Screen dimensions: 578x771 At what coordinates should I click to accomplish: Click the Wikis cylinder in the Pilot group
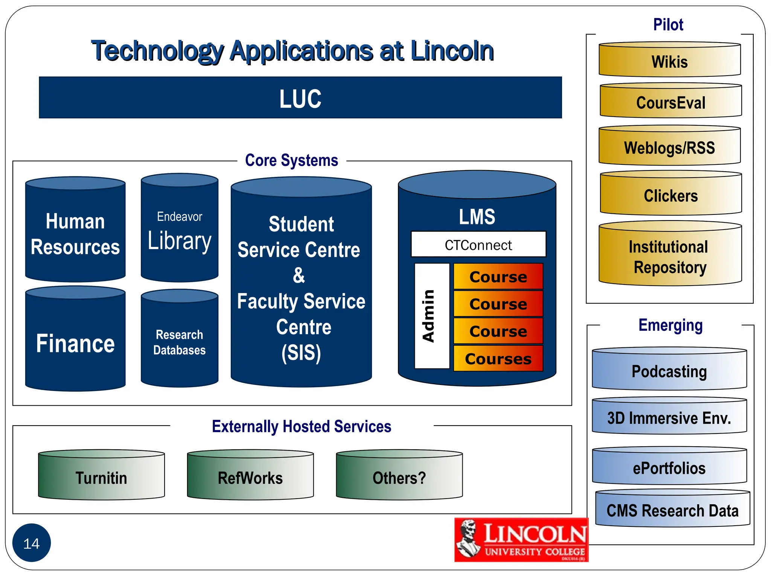coord(670,60)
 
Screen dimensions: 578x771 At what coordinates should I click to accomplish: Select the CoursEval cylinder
coord(670,102)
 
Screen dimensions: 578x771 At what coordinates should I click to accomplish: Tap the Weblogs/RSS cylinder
coord(669,147)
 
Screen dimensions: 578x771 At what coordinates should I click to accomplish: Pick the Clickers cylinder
coord(670,195)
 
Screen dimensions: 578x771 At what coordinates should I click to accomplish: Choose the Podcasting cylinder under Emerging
coord(669,371)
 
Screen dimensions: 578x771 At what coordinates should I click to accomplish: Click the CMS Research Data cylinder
coord(672,510)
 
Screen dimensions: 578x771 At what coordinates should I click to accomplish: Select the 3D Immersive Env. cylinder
coord(669,417)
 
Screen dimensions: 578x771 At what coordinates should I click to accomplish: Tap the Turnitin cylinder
coord(101,477)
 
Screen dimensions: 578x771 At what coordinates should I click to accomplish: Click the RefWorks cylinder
coord(250,477)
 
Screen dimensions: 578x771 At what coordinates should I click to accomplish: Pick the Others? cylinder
coord(399,477)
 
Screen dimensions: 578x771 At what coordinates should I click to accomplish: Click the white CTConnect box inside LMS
coord(478,245)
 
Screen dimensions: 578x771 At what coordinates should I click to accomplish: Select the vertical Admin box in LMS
coord(431,316)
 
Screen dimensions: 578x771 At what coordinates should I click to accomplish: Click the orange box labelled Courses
coord(498,359)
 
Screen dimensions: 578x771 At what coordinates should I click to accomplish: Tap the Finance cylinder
coord(75,342)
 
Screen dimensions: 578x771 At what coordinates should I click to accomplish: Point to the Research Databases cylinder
coord(180,342)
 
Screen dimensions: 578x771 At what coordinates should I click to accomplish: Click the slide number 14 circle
coord(32,543)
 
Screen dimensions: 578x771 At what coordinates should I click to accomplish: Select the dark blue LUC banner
coord(300,98)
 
